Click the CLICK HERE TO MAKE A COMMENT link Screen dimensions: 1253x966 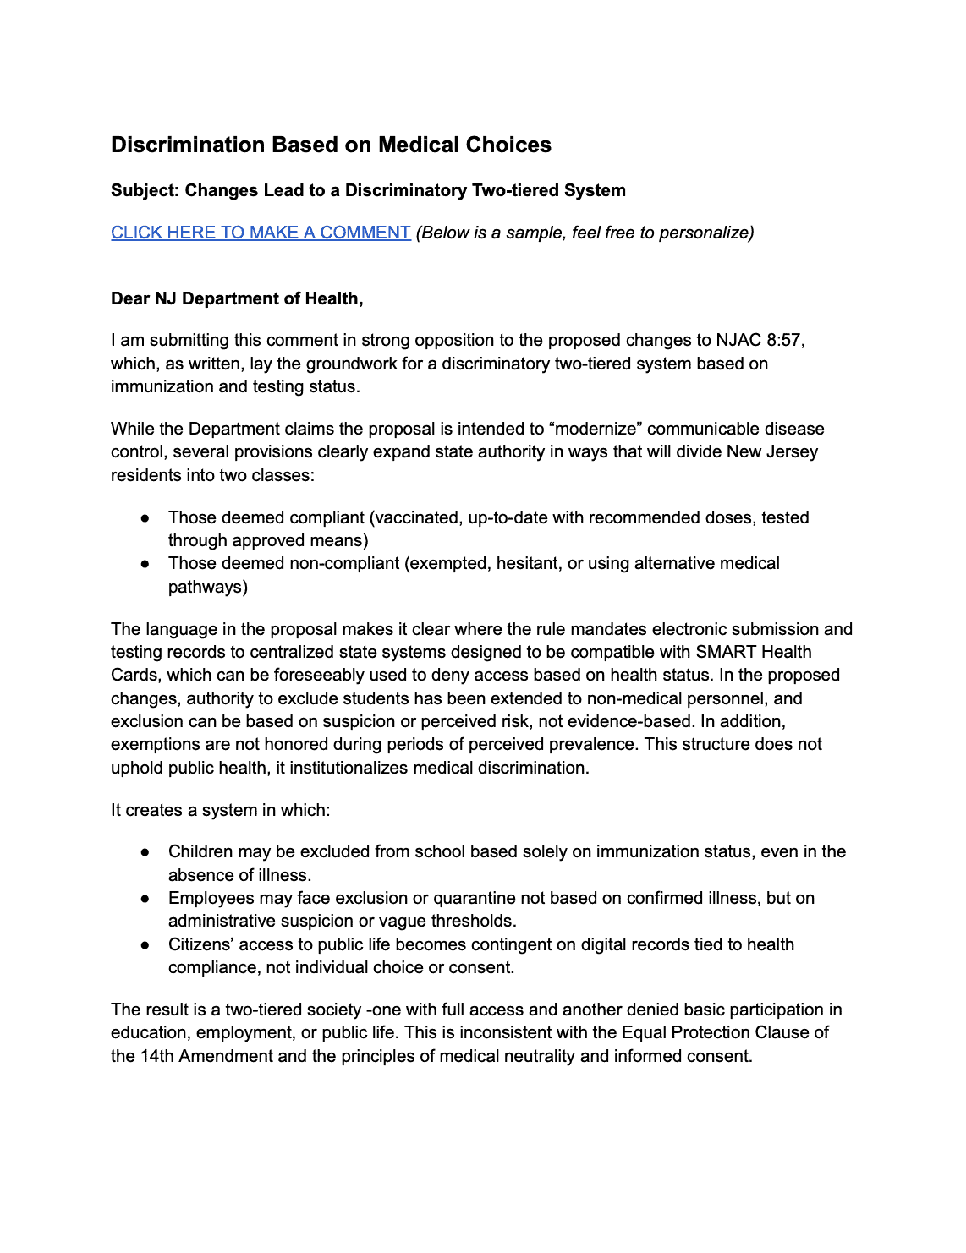tap(261, 233)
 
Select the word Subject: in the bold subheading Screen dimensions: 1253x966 tap(145, 190)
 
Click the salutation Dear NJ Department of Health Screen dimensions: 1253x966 tap(237, 298)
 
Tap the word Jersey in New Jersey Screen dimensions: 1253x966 tap(791, 451)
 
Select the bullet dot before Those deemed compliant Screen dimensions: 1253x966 tap(145, 517)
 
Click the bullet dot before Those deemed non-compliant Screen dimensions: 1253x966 tap(145, 563)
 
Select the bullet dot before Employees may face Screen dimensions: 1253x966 tap(145, 898)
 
